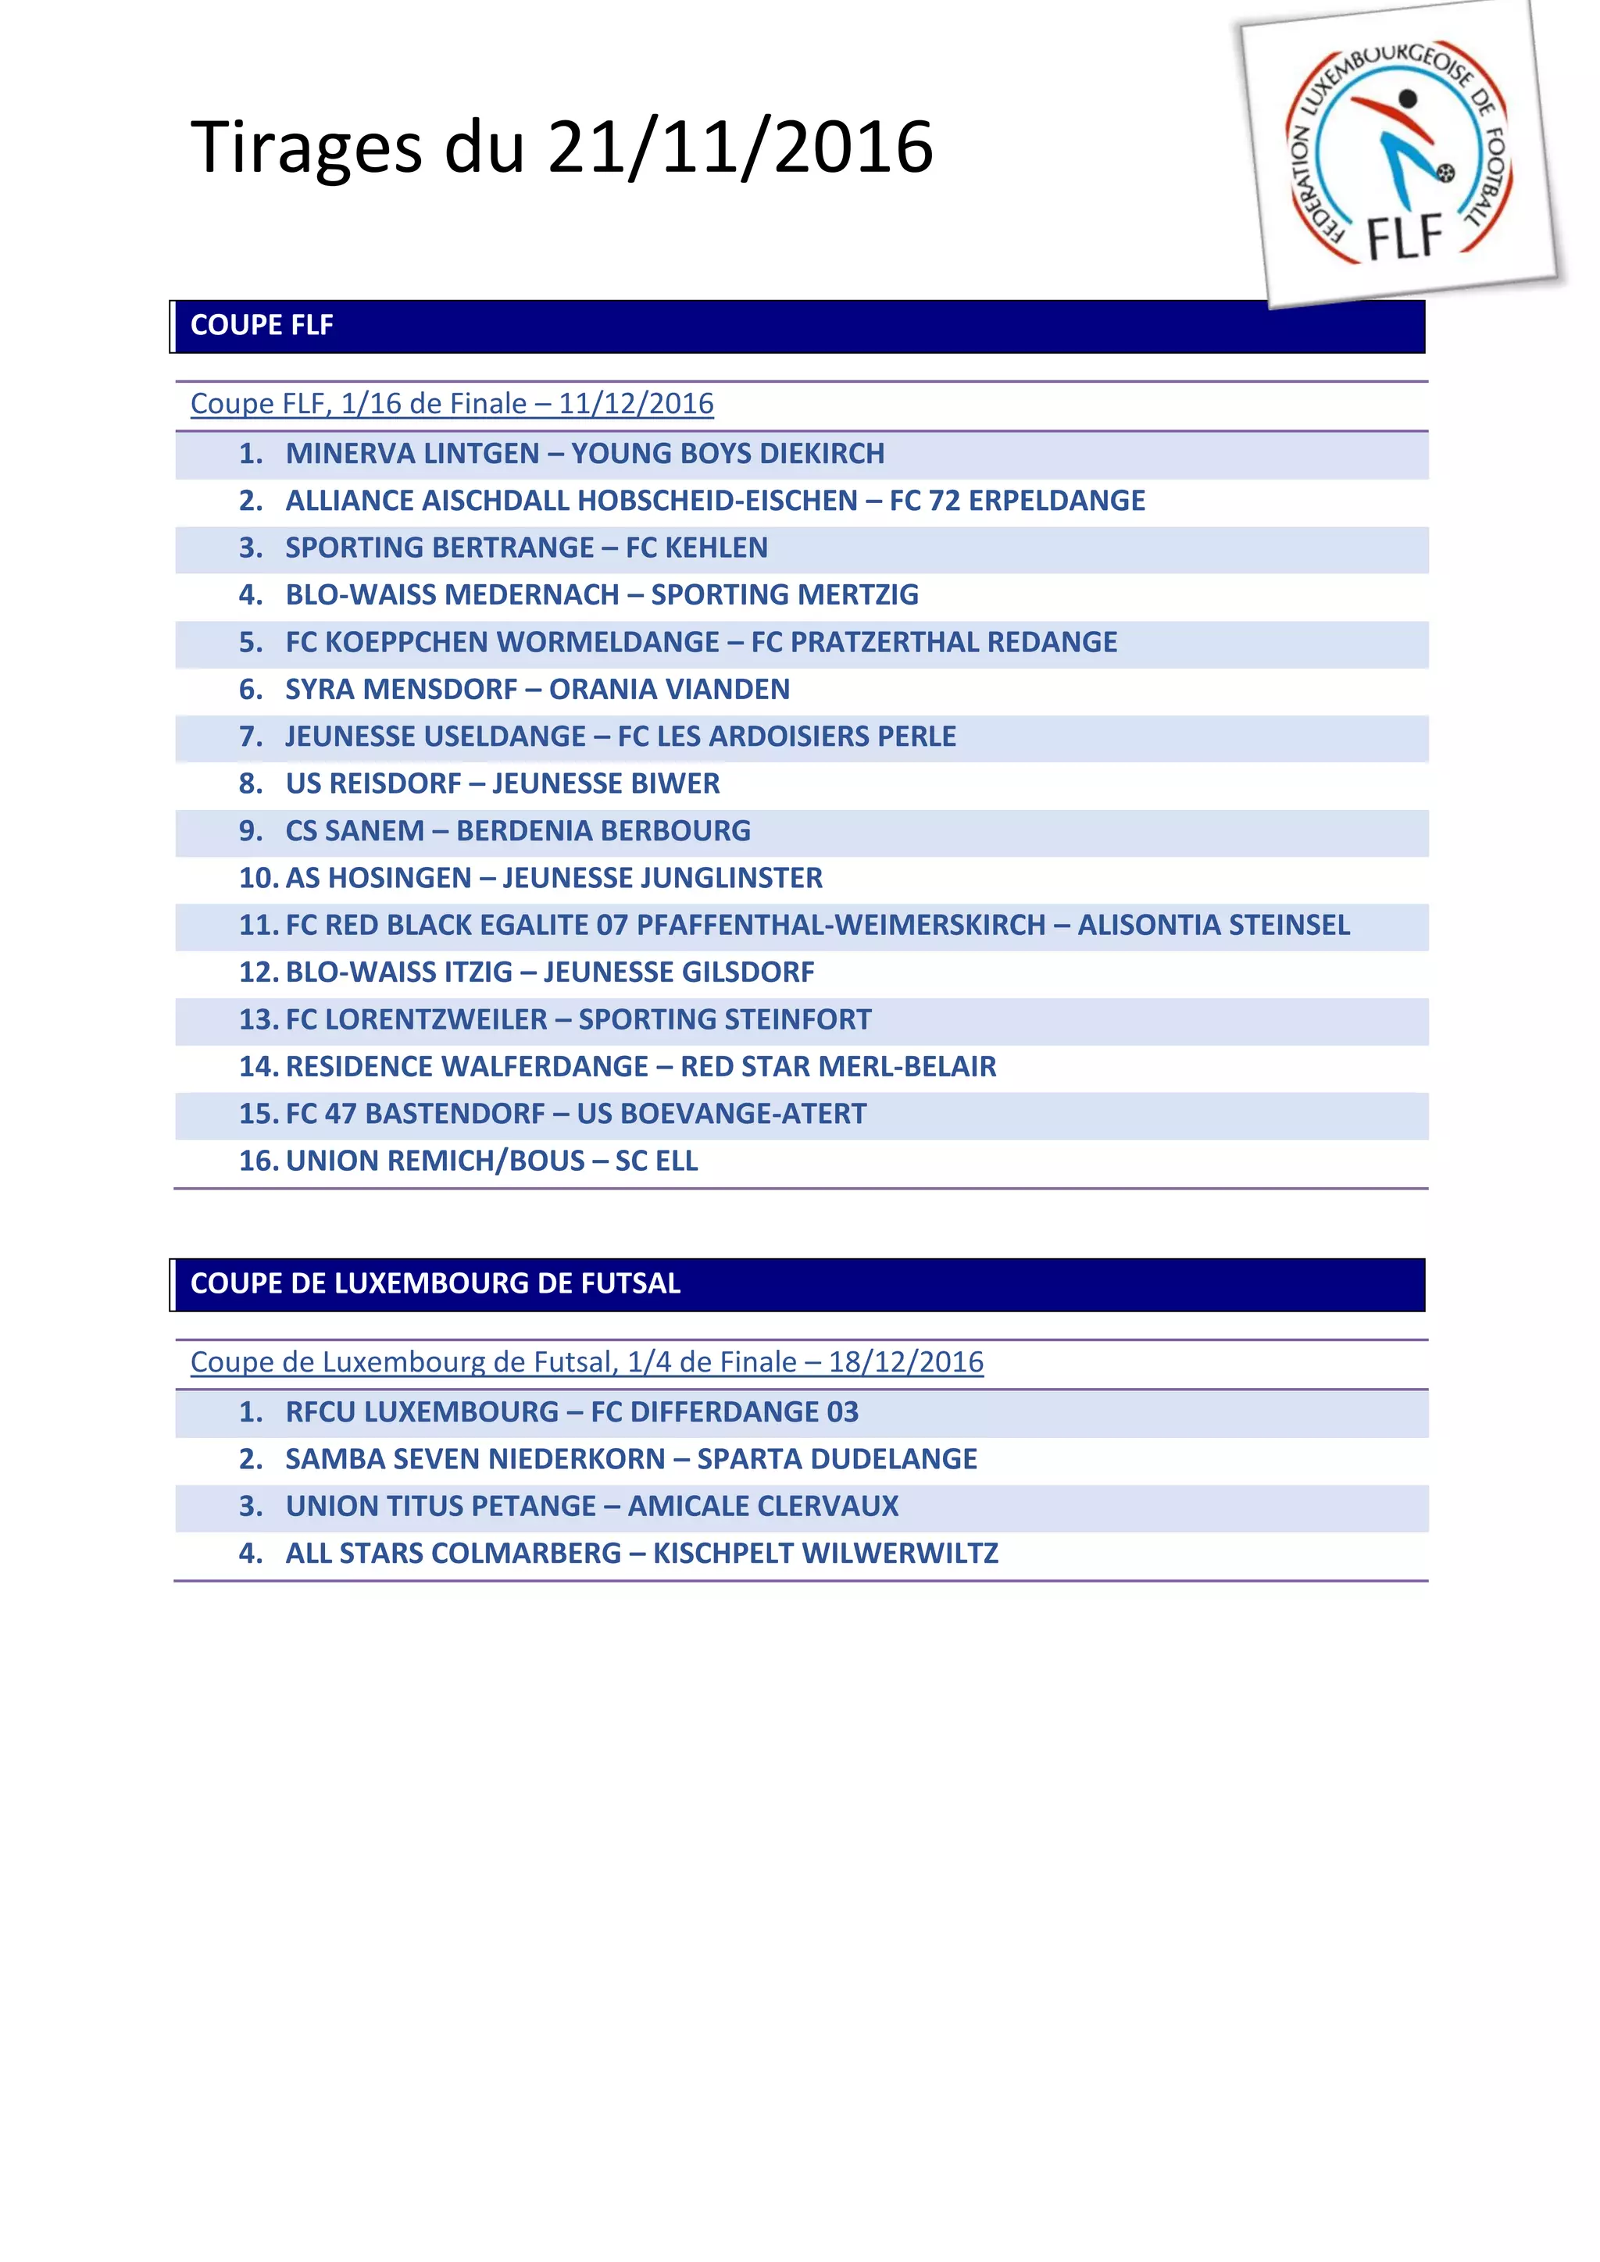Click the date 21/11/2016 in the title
tap(740, 148)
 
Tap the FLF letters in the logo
tap(1405, 237)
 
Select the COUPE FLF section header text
tap(261, 325)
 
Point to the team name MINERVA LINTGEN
tap(412, 453)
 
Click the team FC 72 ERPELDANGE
tap(1016, 501)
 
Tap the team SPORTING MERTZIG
tap(784, 595)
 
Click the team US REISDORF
tap(373, 783)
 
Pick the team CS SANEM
tap(355, 830)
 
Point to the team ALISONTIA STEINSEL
tap(1214, 925)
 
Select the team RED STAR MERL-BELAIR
tap(838, 1067)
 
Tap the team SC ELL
tap(656, 1161)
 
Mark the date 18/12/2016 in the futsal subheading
tap(905, 1362)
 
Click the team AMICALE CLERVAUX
tap(763, 1507)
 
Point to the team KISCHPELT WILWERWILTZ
tap(826, 1554)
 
